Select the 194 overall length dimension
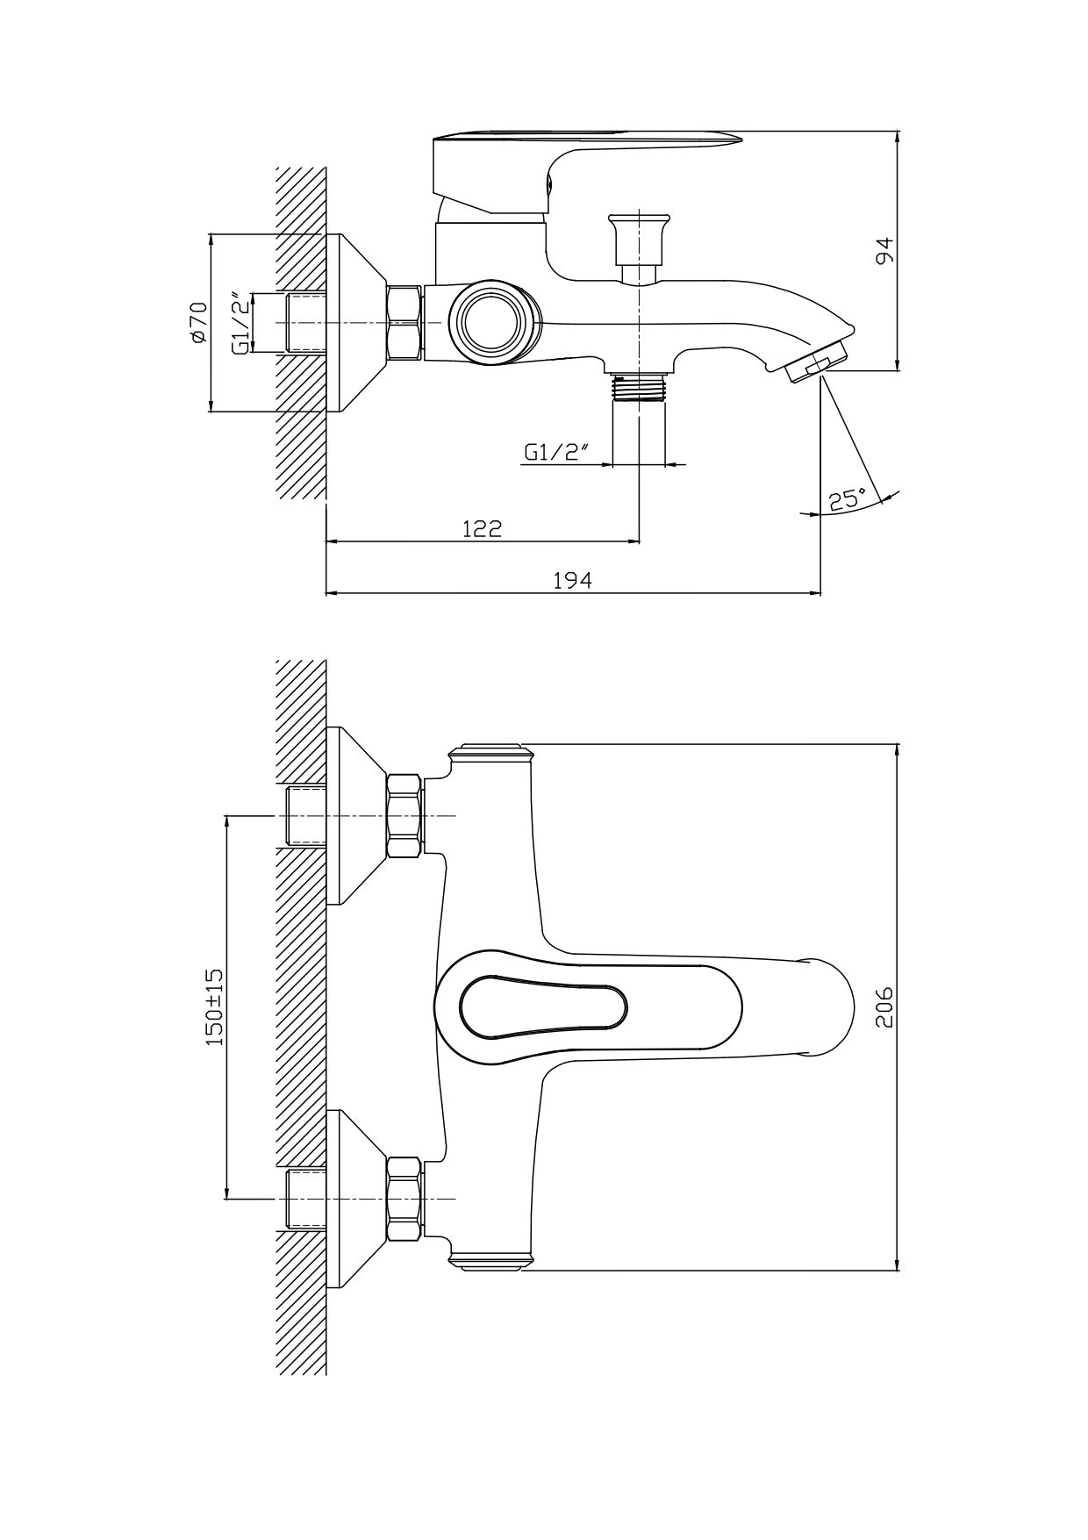click(x=573, y=580)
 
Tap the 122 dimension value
click(x=482, y=528)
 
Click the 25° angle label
click(x=847, y=500)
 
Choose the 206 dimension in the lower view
click(x=884, y=1006)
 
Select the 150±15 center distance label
click(x=214, y=1006)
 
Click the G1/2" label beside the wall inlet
click(x=239, y=322)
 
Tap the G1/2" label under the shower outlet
click(x=556, y=453)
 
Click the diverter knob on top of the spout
click(x=640, y=237)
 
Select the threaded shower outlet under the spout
click(x=640, y=387)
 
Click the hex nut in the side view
click(x=404, y=322)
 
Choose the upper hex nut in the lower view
click(x=404, y=816)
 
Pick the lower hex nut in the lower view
click(x=404, y=1199)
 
